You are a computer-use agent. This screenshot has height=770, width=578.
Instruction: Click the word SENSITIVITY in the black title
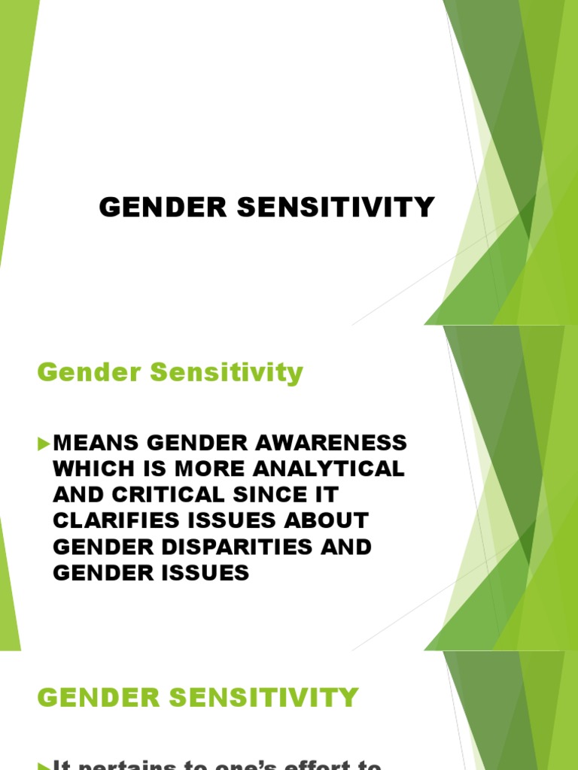[x=337, y=208]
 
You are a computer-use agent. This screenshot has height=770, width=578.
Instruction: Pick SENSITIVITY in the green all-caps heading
[x=274, y=697]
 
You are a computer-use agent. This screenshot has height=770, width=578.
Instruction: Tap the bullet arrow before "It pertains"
[x=43, y=765]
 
